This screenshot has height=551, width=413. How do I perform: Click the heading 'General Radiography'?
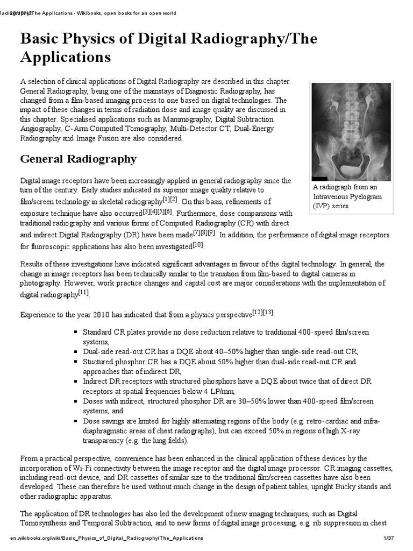click(x=79, y=159)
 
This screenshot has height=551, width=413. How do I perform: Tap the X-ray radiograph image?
click(x=352, y=132)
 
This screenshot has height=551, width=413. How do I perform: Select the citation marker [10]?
click(x=198, y=245)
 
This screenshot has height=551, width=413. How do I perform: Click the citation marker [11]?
click(x=84, y=292)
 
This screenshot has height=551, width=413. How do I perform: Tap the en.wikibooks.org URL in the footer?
click(x=106, y=538)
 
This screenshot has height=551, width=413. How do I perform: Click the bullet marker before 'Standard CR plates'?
click(x=77, y=333)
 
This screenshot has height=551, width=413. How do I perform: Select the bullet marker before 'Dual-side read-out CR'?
click(x=77, y=352)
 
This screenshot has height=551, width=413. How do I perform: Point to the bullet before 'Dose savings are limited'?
click(x=77, y=421)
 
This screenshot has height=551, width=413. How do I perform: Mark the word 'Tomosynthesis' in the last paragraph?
click(x=45, y=523)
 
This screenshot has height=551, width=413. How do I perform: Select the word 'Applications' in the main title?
click(x=66, y=57)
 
